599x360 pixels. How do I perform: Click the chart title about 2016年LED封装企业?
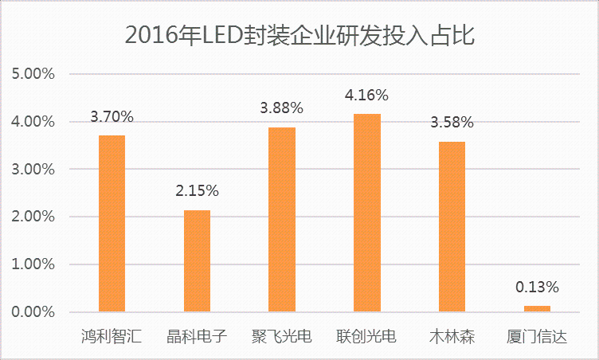(x=300, y=36)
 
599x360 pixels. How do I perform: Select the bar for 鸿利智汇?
(x=112, y=223)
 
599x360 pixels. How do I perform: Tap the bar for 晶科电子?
(x=197, y=260)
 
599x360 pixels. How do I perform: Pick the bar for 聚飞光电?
(x=282, y=219)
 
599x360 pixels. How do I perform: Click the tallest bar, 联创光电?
(x=367, y=213)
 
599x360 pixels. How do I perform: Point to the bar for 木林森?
(x=452, y=226)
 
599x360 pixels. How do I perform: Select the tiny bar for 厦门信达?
(x=537, y=308)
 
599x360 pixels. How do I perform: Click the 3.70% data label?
(x=112, y=117)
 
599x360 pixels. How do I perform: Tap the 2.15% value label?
(x=197, y=191)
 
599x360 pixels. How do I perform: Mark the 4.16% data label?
(x=367, y=96)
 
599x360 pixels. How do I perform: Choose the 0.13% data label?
(x=538, y=287)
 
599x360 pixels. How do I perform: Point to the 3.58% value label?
(x=452, y=123)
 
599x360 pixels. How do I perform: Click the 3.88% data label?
(x=282, y=108)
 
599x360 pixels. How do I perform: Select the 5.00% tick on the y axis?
(x=33, y=75)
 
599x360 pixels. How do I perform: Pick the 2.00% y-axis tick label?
(x=33, y=217)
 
